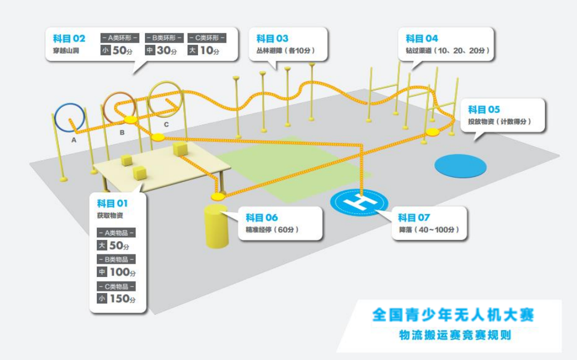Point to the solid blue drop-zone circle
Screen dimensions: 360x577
[x=460, y=165]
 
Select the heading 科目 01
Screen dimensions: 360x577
[x=112, y=204]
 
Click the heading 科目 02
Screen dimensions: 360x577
[x=69, y=38]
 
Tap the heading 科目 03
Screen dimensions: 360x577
[x=272, y=38]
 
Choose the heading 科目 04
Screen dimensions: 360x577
[x=422, y=38]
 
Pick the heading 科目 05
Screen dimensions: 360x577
[x=484, y=109]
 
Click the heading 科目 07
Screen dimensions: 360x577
[x=414, y=217]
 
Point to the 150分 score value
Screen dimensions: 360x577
[x=123, y=299]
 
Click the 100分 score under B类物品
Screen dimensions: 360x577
[x=123, y=272]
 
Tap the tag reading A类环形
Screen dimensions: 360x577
[x=119, y=38]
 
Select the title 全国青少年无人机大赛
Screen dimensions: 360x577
[x=453, y=315]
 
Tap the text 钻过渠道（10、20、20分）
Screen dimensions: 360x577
[x=448, y=51]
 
